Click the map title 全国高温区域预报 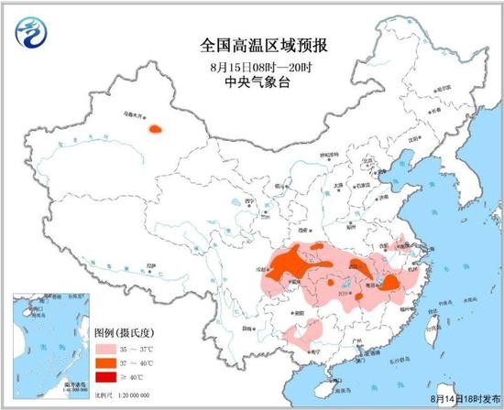[251, 43]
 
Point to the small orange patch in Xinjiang [159, 132]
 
